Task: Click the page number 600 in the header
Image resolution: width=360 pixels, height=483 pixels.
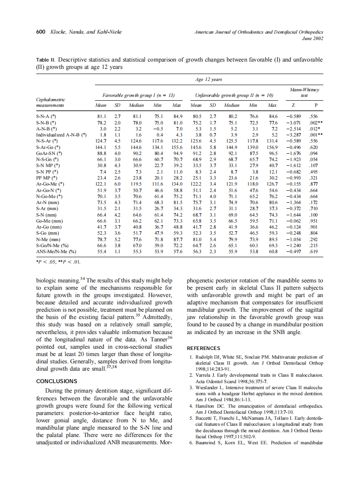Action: point(41,32)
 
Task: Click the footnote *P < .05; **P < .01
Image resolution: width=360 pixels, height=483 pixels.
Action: point(58,261)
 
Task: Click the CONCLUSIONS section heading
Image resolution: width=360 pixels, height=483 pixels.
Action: point(57,381)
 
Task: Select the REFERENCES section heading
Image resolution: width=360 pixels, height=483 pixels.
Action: point(204,348)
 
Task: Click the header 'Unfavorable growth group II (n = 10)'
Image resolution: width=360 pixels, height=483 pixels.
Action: point(234,94)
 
